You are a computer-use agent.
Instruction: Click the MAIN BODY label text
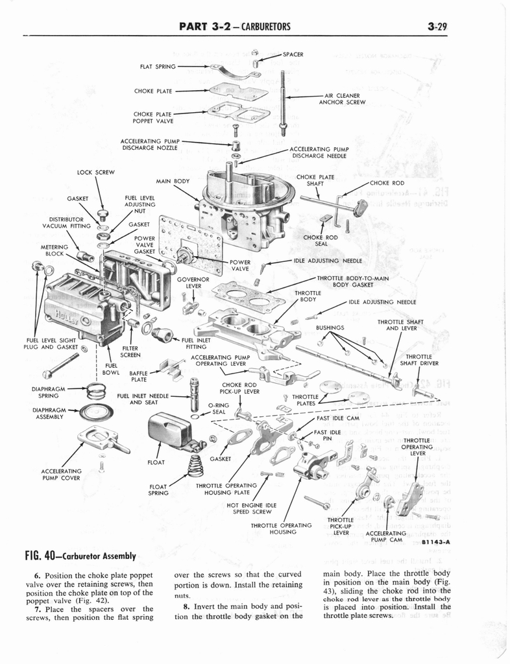click(173, 181)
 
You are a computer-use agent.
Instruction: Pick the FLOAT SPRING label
click(158, 490)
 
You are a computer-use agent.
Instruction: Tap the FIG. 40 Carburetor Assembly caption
click(80, 556)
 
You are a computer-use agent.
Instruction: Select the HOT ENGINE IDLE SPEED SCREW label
click(252, 508)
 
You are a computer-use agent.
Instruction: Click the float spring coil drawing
click(194, 465)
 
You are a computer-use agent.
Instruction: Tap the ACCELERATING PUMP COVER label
click(61, 475)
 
